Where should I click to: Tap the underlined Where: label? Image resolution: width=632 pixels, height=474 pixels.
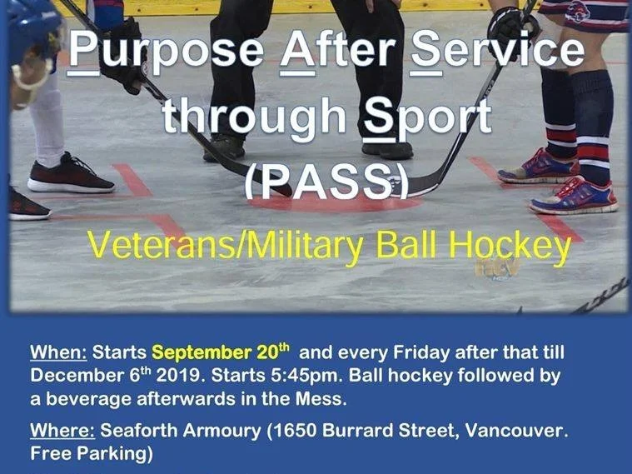pyautogui.click(x=62, y=432)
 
